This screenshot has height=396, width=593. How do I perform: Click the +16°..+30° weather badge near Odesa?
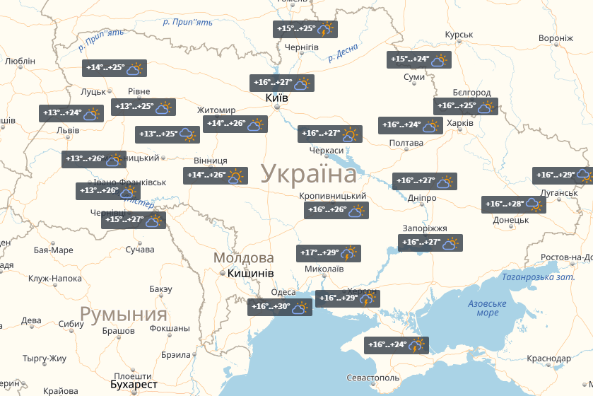(281, 308)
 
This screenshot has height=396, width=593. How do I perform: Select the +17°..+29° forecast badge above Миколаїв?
(329, 253)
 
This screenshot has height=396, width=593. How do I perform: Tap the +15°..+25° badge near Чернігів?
(305, 30)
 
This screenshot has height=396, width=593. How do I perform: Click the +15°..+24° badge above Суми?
(419, 60)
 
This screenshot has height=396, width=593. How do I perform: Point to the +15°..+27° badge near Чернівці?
(134, 221)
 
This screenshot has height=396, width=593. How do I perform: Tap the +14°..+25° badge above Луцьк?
(115, 69)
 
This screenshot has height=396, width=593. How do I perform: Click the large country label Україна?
(309, 174)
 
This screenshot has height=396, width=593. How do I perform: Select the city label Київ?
(276, 98)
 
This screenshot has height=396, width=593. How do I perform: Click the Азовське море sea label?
(487, 308)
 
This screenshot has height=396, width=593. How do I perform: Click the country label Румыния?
(123, 314)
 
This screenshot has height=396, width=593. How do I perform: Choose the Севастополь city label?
(373, 379)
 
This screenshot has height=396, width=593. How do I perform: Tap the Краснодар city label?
(548, 359)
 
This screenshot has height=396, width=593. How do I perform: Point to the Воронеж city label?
(556, 38)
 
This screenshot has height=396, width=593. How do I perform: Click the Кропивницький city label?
(332, 196)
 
